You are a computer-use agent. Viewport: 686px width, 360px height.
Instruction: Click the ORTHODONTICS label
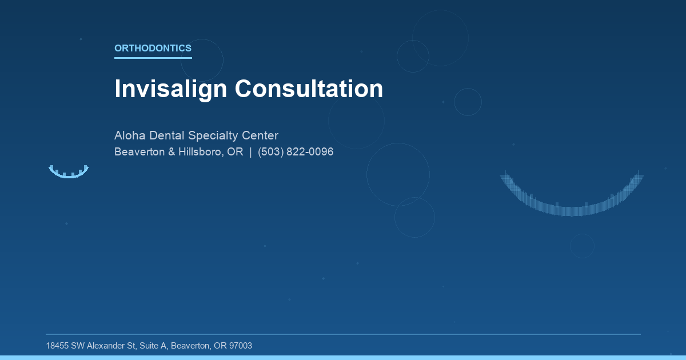(153, 49)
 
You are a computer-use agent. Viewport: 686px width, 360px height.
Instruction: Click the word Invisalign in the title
(171, 89)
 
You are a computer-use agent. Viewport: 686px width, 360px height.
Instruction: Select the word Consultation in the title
(309, 89)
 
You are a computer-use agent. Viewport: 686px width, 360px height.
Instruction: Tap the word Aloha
(130, 136)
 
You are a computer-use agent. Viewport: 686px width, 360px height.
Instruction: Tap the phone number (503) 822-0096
(296, 152)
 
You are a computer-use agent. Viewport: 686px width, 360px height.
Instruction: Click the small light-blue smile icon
(69, 173)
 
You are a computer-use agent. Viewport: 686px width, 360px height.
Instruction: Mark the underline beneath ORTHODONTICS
(153, 58)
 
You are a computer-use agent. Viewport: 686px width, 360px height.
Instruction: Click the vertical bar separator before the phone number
(250, 152)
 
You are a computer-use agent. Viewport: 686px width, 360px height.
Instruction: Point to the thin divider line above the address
(343, 334)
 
